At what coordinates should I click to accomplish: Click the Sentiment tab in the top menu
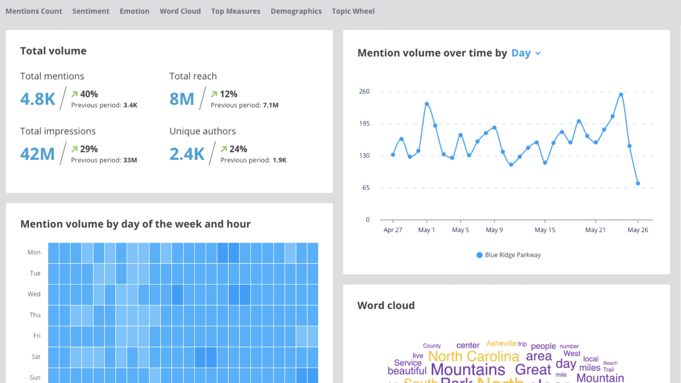(x=91, y=11)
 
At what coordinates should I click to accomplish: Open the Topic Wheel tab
(x=353, y=11)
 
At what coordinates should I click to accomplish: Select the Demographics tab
(x=296, y=11)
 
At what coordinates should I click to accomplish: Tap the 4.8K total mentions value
(x=38, y=99)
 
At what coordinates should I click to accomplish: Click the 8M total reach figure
(x=182, y=99)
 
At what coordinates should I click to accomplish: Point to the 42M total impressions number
(x=37, y=154)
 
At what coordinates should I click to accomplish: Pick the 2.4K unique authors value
(x=187, y=154)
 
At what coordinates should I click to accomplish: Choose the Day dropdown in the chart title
(x=526, y=53)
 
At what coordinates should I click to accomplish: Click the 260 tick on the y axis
(x=364, y=91)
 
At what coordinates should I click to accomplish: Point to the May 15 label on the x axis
(x=545, y=230)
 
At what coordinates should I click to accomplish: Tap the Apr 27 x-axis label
(x=393, y=230)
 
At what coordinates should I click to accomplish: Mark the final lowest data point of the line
(x=638, y=184)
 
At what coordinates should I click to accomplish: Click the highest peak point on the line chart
(x=621, y=95)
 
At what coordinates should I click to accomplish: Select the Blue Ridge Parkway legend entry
(x=509, y=255)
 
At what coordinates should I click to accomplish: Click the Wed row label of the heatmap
(x=34, y=294)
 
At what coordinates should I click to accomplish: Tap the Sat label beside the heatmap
(x=36, y=357)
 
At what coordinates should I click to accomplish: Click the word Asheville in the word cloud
(x=501, y=343)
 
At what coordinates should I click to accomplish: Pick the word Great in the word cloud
(x=533, y=369)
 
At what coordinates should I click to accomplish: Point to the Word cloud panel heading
(x=386, y=305)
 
